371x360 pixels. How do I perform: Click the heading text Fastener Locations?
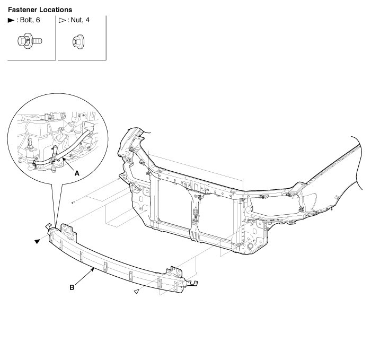(40, 10)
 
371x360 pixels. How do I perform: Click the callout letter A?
(77, 173)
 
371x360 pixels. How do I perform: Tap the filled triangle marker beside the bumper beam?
(37, 241)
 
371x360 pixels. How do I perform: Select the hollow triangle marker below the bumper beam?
(136, 291)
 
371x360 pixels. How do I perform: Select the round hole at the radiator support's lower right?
(248, 247)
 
